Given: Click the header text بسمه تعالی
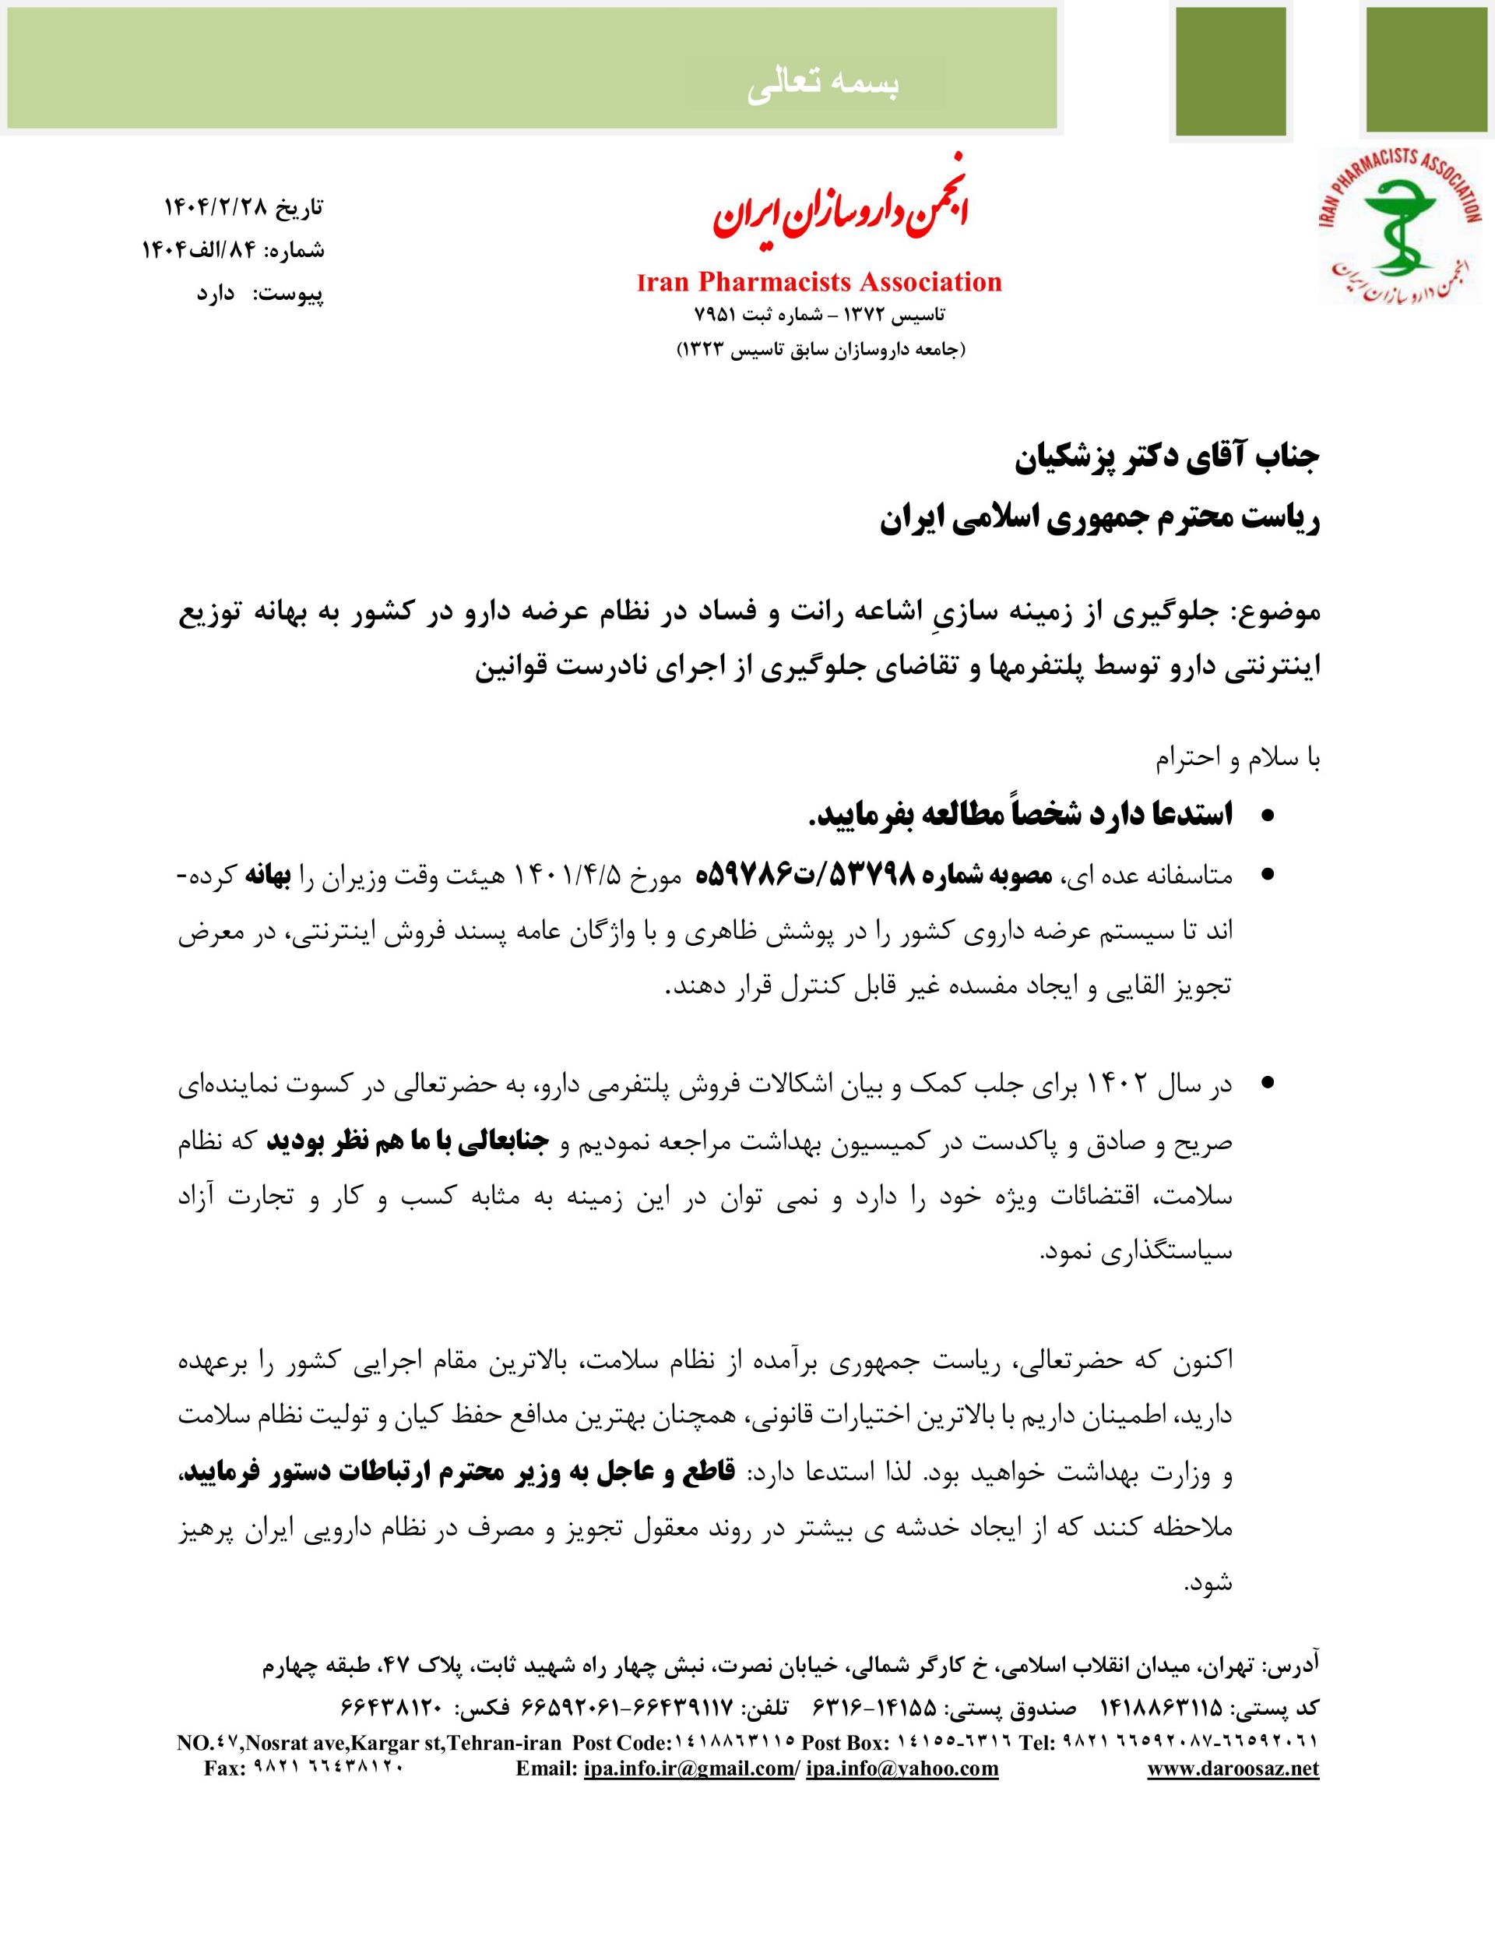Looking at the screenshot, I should point(823,83).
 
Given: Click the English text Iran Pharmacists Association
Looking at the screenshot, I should point(819,282).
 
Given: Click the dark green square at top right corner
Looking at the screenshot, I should point(1425,70).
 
